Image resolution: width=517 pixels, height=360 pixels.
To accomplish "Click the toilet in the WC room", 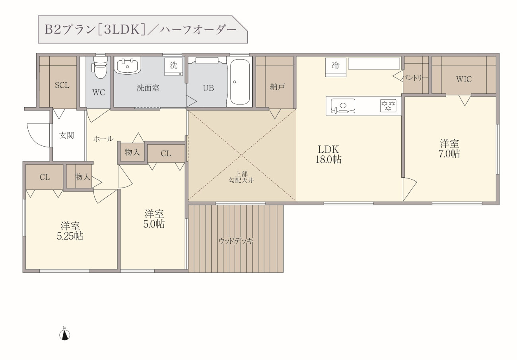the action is pos(100,67).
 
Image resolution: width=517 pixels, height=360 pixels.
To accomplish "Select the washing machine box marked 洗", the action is pos(174,67).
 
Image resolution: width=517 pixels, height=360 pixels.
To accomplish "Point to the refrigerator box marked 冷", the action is pos(336,67).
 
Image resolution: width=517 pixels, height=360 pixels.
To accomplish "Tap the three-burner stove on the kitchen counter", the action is pos(388,106).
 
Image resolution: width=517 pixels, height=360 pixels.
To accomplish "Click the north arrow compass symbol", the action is pos(64,333).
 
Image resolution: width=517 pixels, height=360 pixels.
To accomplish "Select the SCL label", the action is pos(62,85).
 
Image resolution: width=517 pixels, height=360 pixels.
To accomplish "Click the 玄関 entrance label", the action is pos(66,135).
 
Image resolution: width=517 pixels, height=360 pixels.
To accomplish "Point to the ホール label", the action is pos(103,139).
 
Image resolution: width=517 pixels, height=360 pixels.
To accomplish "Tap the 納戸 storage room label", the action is pos(278,87).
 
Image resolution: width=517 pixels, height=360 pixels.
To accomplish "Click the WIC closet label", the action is pos(464,79).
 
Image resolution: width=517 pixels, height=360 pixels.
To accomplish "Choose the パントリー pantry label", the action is pos(414,78).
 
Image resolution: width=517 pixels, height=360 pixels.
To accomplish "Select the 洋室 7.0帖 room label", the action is pos(449,149).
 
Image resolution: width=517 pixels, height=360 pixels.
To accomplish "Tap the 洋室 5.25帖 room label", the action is pos(70,231).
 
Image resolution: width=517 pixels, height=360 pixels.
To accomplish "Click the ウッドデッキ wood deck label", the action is pos(236,241).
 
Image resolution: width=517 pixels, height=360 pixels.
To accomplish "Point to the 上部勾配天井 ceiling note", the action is pos(241,177).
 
